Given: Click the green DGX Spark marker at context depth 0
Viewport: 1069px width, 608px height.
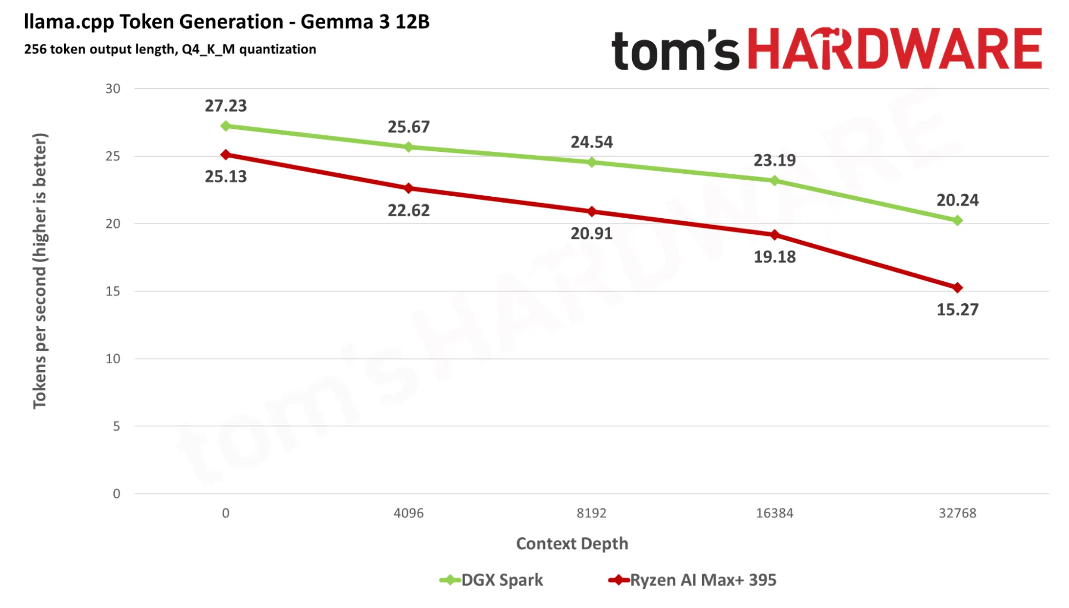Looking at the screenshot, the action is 226,126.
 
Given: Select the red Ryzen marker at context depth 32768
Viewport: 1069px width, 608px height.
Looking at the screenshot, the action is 957,288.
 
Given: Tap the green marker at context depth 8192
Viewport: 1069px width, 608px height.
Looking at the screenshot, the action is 591,162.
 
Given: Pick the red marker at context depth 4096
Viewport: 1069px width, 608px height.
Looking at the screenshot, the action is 409,188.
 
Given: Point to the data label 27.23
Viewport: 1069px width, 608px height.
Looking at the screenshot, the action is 226,106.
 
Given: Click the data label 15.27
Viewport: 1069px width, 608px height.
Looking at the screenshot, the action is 957,310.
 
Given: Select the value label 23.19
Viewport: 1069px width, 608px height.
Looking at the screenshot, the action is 774,160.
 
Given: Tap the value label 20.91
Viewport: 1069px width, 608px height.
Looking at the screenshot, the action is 591,234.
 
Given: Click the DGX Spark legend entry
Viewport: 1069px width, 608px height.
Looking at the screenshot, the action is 491,580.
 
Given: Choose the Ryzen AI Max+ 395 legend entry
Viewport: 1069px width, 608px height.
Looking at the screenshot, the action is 692,580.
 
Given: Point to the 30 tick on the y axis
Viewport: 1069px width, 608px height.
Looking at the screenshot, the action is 113,89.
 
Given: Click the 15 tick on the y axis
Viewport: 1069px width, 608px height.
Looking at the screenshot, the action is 113,291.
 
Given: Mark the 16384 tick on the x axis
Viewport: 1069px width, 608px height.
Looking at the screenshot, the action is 774,513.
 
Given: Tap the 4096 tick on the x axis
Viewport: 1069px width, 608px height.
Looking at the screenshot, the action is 409,513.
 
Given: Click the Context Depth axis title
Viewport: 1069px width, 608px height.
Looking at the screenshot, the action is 572,543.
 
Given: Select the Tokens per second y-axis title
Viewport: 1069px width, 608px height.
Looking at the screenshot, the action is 40,271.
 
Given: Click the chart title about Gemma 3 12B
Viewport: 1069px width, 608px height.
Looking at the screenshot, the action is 227,22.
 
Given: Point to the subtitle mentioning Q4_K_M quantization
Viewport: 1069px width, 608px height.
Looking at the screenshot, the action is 170,49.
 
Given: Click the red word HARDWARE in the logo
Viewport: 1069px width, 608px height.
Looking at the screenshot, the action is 894,49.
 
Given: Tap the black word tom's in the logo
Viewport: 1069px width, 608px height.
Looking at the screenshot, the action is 675,50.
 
